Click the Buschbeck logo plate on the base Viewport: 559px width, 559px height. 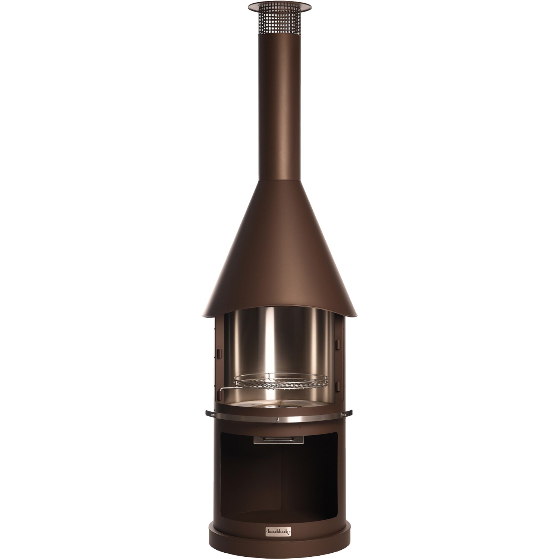pyautogui.click(x=279, y=531)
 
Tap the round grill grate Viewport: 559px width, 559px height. pyautogui.click(x=281, y=381)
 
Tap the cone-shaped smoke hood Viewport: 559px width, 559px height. pyautogui.click(x=279, y=253)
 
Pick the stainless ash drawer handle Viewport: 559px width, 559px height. pyautogui.click(x=278, y=440)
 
